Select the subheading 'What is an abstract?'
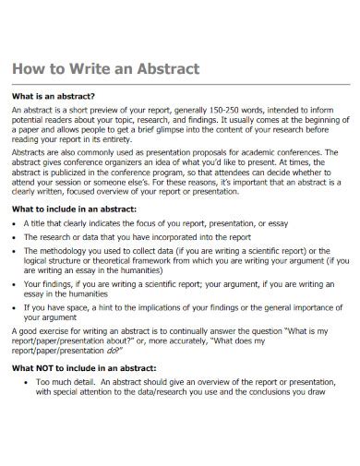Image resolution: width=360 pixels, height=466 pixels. [54, 96]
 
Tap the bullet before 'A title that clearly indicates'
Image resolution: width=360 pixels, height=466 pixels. [15, 223]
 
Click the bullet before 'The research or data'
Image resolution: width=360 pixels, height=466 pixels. [15, 236]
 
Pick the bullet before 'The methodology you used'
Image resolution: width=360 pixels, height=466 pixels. [15, 250]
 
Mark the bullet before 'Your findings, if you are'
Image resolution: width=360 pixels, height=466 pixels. [15, 285]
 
